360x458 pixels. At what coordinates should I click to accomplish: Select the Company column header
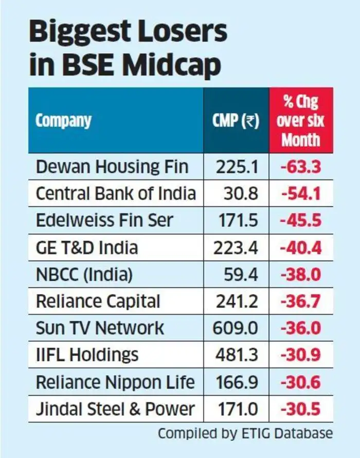click(63, 121)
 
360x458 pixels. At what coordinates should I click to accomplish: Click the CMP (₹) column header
click(236, 121)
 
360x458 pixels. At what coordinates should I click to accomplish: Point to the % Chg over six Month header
click(301, 121)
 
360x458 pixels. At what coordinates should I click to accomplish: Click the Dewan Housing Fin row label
click(112, 167)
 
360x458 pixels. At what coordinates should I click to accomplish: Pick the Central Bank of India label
click(116, 194)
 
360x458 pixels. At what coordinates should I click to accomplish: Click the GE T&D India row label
click(87, 248)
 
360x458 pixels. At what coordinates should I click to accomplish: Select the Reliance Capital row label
click(98, 301)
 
